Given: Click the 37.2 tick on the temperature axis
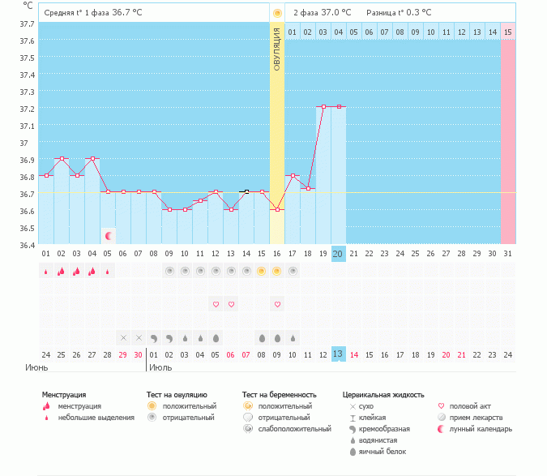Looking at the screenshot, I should [27, 109].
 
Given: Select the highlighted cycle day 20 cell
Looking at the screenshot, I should [338, 254].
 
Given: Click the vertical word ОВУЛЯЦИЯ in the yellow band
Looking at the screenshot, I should [277, 49].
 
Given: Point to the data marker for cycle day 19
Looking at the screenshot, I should [323, 106].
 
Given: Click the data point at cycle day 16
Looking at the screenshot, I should [277, 209].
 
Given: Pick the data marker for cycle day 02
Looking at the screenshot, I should [62, 158].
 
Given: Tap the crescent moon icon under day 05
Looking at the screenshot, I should [108, 235].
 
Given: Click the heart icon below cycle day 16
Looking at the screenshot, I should [277, 304].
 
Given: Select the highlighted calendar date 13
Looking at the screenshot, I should [338, 354].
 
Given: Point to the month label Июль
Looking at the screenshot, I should [160, 367].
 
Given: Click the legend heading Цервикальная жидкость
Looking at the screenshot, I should [383, 395].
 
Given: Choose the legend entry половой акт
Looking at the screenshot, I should [470, 405].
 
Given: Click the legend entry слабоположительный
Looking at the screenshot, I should [295, 428].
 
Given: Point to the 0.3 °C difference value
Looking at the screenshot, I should [416, 12].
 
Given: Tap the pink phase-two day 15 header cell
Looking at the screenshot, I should [507, 32].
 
